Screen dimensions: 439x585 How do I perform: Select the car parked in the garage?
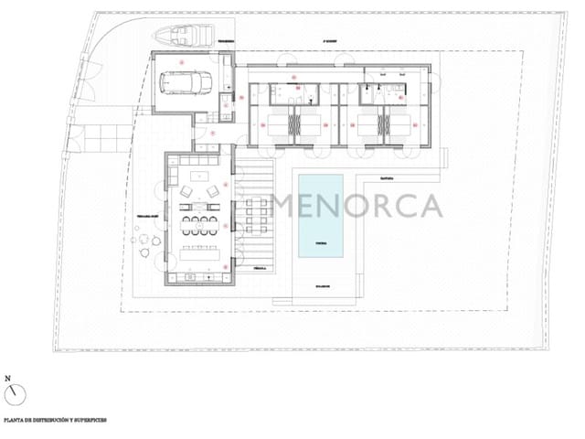pyautogui.click(x=186, y=81)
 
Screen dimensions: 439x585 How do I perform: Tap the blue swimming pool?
pyautogui.click(x=320, y=216)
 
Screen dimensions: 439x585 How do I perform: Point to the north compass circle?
pyautogui.click(x=15, y=394)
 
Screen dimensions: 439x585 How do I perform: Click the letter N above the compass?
pyautogui.click(x=8, y=377)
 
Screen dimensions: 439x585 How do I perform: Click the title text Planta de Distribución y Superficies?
pyautogui.click(x=55, y=422)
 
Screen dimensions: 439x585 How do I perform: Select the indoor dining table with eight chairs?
pyautogui.click(x=199, y=225)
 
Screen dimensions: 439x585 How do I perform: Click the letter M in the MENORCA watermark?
pyautogui.click(x=287, y=207)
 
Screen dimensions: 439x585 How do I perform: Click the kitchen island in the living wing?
pyautogui.click(x=198, y=253)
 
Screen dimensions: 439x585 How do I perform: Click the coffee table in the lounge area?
pyautogui.click(x=198, y=193)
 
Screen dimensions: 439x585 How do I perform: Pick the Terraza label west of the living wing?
pyautogui.click(x=149, y=218)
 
